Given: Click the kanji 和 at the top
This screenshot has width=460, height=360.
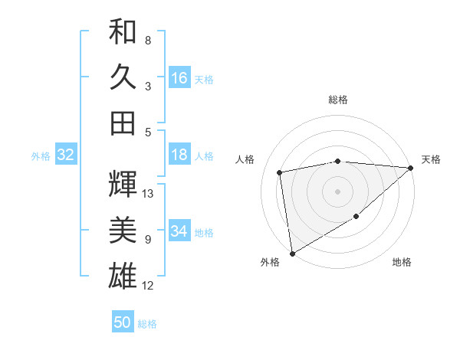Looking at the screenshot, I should pyautogui.click(x=123, y=33).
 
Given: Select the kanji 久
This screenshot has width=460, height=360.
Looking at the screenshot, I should pyautogui.click(x=123, y=77).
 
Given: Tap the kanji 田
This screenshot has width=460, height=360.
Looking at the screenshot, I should pyautogui.click(x=123, y=123).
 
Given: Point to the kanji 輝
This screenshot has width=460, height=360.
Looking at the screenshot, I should pyautogui.click(x=123, y=183).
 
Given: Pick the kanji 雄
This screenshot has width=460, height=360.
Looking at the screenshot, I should pyautogui.click(x=123, y=275).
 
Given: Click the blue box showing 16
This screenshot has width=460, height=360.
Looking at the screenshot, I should pyautogui.click(x=179, y=78).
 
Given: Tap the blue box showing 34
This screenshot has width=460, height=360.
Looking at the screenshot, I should pyautogui.click(x=179, y=232).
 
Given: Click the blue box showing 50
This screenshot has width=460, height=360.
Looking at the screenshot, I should pyautogui.click(x=123, y=323).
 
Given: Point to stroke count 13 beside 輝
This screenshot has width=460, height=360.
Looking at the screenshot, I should pyautogui.click(x=148, y=194).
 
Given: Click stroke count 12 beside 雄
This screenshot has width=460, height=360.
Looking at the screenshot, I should pyautogui.click(x=148, y=286).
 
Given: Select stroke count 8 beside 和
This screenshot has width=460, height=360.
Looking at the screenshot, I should pyautogui.click(x=147, y=40).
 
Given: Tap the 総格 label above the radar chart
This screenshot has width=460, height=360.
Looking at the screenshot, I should pyautogui.click(x=338, y=100).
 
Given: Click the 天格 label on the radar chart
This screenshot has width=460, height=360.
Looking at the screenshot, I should pyautogui.click(x=432, y=159).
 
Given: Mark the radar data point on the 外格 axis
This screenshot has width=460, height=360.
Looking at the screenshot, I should pyautogui.click(x=292, y=253).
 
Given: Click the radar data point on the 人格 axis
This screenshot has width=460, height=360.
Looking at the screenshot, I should pyautogui.click(x=280, y=172).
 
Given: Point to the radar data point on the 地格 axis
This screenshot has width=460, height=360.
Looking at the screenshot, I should pyautogui.click(x=356, y=218).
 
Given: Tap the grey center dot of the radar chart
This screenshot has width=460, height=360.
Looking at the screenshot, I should pyautogui.click(x=338, y=191).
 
